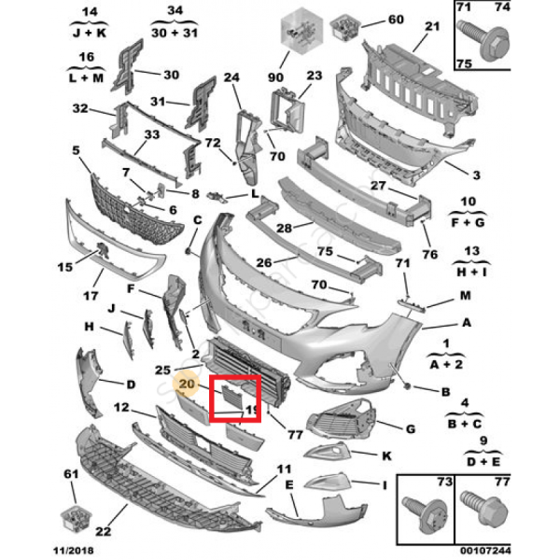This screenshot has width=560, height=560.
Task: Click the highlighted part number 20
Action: (187, 385)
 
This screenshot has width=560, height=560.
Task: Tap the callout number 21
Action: (432, 26)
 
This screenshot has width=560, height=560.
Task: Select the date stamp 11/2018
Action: (74, 551)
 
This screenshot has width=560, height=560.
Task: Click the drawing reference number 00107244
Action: (485, 551)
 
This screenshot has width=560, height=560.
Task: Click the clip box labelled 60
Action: (344, 27)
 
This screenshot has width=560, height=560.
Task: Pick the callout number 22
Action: (104, 531)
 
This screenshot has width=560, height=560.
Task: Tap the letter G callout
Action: (411, 429)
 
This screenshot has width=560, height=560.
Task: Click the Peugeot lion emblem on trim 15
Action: (103, 249)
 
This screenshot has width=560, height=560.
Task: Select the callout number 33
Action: (152, 134)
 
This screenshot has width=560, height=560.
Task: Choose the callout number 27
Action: (378, 186)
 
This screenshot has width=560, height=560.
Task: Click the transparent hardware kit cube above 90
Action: (301, 31)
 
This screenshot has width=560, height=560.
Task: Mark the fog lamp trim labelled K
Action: (327, 451)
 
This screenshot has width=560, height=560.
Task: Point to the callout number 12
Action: (121, 407)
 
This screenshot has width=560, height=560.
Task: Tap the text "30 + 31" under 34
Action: (175, 33)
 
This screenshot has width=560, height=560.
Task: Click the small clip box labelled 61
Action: (76, 518)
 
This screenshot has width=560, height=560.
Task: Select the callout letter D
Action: (131, 385)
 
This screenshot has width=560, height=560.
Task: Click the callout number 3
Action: (476, 175)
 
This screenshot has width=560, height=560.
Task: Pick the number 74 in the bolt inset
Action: (502, 7)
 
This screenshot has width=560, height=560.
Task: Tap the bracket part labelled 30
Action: (128, 67)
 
